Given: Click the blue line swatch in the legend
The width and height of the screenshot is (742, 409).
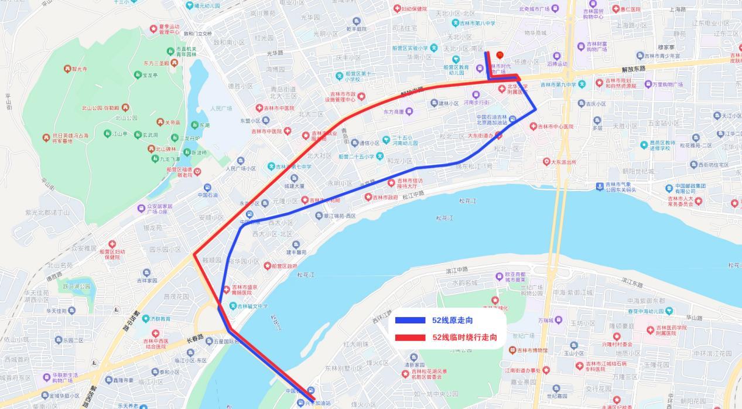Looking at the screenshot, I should point(409,321).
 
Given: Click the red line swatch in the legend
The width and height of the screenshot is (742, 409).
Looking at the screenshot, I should point(409,338).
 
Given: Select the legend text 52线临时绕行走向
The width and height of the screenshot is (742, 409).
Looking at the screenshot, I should point(464,338).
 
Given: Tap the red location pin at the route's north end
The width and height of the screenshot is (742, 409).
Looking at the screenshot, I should point(500,55).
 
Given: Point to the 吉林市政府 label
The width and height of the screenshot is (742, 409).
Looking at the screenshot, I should point(385,197).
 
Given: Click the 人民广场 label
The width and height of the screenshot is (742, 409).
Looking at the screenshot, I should point(221,108).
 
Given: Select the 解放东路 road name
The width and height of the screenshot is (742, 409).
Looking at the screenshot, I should point(634,69).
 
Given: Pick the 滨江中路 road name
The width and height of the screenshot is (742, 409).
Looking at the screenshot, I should point(457,270).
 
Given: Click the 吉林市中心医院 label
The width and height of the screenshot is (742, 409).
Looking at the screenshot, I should point(556,127).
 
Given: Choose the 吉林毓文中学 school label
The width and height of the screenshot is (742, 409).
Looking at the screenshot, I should point(252,306).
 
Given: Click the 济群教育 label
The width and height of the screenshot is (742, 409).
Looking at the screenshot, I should point(159,319).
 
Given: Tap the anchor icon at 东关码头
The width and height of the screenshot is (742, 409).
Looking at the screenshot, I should point(599,186).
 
